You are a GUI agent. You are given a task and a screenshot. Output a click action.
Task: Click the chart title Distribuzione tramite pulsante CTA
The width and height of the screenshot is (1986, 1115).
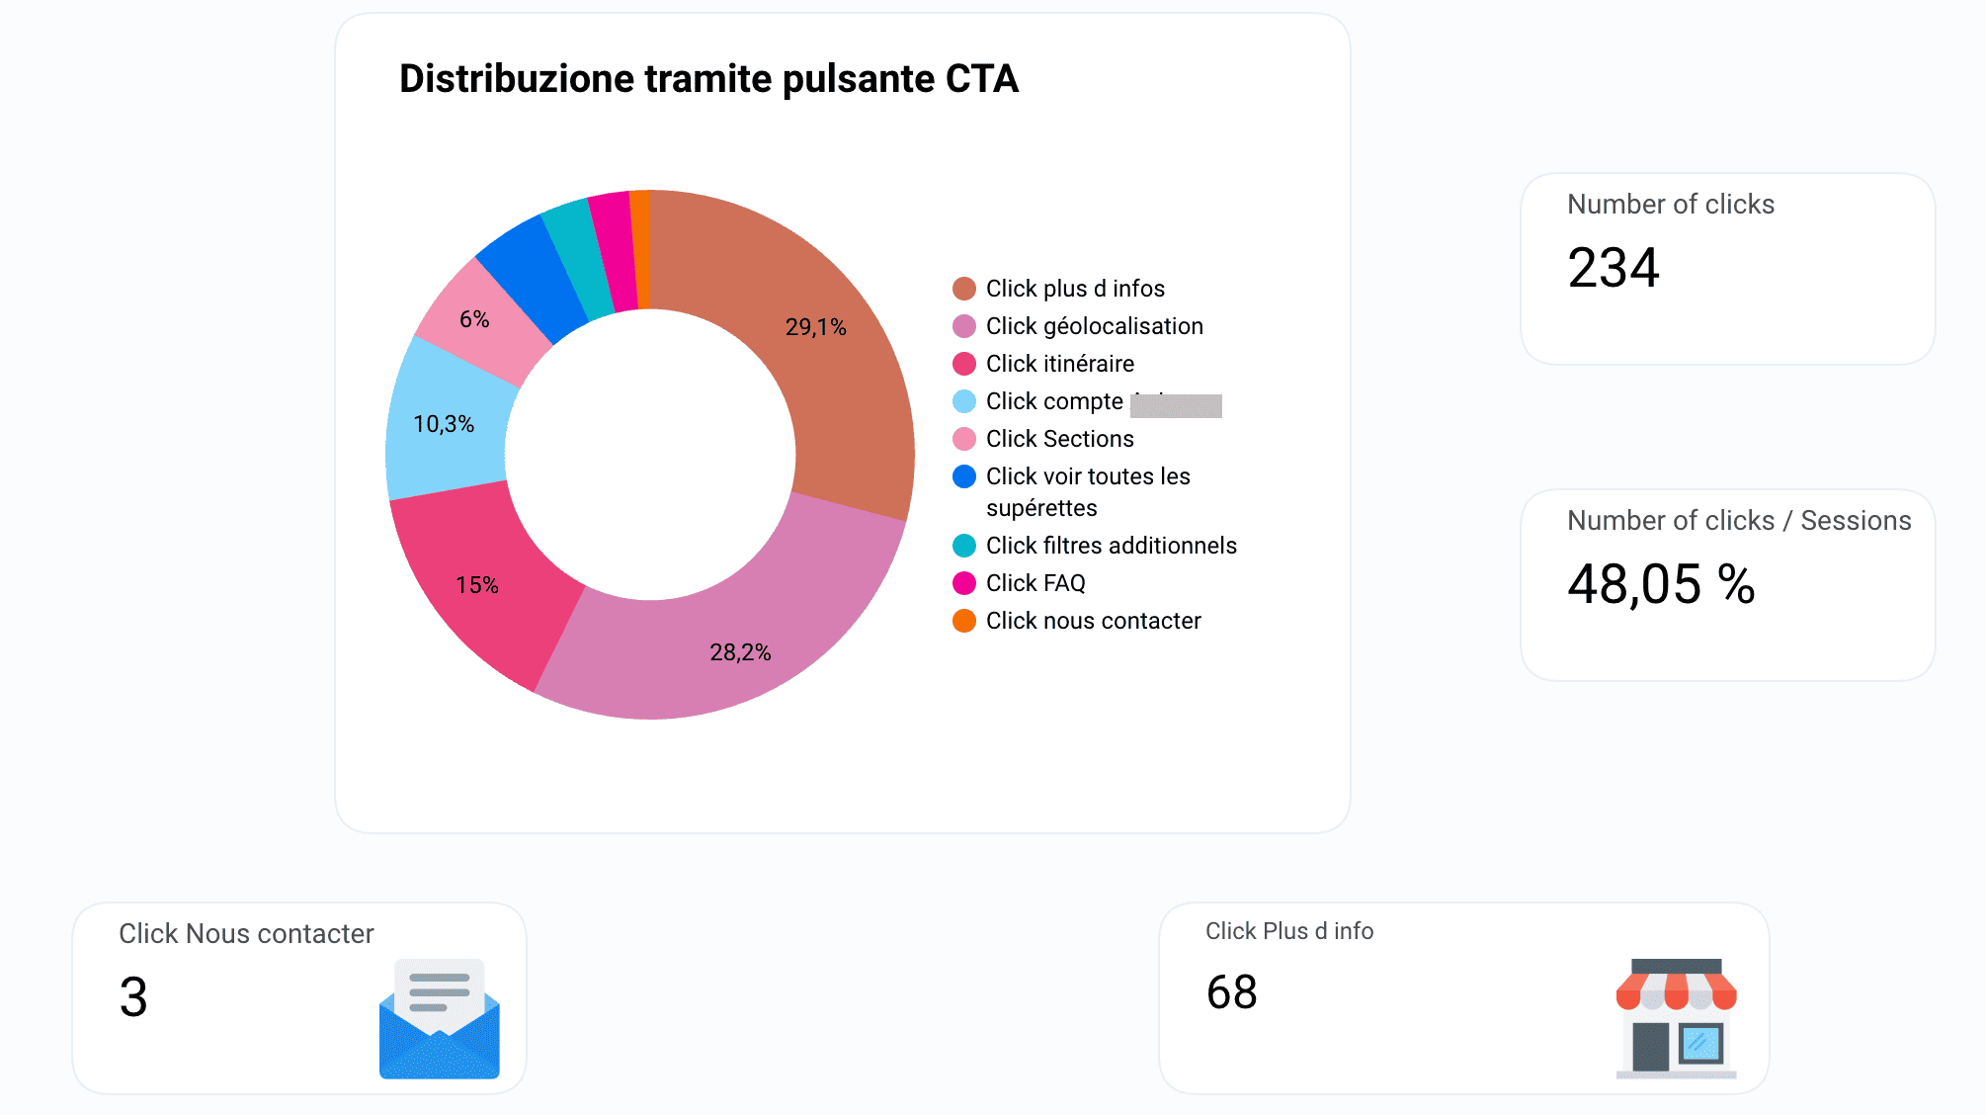[707, 79]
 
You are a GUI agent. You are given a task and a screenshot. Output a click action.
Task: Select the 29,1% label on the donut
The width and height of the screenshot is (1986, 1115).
[815, 327]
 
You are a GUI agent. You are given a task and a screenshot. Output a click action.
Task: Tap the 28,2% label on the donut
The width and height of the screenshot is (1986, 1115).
[740, 652]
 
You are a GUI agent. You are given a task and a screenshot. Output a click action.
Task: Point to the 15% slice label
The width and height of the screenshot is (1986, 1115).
[476, 585]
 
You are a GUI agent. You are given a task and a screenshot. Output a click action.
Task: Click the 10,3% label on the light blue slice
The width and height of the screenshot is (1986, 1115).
[444, 424]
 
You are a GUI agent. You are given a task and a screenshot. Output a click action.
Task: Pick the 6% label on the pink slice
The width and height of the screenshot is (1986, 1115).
[474, 319]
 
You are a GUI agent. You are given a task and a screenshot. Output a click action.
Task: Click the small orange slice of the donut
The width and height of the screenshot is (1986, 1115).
[640, 249]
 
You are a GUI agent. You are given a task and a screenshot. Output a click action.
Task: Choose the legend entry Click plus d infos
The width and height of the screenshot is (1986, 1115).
[1074, 289]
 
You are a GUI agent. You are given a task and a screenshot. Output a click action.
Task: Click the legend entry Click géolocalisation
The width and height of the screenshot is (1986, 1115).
[1094, 326]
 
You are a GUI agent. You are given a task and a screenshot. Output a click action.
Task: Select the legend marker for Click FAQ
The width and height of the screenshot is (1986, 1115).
[963, 583]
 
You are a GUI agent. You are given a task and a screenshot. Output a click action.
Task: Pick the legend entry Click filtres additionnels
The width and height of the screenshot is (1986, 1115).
[1111, 546]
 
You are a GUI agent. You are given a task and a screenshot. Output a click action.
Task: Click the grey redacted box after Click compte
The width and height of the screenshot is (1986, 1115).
[1176, 405]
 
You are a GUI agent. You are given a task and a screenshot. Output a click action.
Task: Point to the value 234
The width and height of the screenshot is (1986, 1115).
[1613, 268]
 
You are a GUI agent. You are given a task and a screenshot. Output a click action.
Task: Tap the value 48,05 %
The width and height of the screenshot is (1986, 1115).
[1660, 584]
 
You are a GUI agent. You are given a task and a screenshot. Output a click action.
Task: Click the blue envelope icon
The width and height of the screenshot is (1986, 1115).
[439, 1019]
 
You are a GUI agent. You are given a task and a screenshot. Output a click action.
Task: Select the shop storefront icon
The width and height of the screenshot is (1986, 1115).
[1676, 1017]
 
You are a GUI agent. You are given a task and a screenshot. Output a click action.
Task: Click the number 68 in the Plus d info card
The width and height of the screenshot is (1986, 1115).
[1231, 992]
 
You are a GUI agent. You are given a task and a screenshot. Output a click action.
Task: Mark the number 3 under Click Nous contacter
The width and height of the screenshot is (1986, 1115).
[133, 996]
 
